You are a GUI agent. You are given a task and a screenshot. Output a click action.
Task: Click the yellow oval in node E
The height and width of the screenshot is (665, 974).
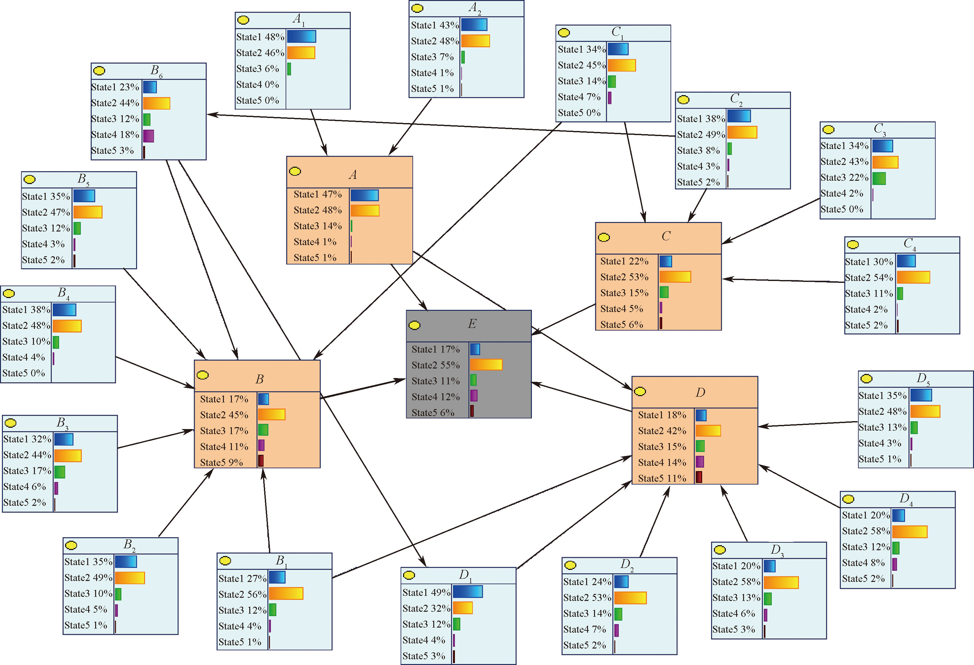pos(414,325)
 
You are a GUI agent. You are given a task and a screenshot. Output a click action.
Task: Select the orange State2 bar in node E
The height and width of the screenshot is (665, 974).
pos(486,365)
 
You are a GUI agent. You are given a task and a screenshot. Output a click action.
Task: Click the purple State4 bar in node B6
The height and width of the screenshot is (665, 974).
pos(148,136)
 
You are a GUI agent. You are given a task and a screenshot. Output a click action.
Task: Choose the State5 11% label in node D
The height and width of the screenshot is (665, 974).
pos(662,478)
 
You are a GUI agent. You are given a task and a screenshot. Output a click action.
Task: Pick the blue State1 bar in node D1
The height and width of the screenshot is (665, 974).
pos(468,592)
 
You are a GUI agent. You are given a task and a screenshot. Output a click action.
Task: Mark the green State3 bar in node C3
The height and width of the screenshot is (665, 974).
pos(879,178)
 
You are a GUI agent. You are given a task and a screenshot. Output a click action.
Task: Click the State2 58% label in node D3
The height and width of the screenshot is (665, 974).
pos(736,582)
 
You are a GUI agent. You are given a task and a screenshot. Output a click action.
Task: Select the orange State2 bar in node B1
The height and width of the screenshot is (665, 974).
pos(286,593)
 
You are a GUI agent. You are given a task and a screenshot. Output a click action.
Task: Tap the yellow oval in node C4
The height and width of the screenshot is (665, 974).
pos(853,244)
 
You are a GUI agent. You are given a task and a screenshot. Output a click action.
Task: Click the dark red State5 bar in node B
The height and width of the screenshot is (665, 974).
pos(261,461)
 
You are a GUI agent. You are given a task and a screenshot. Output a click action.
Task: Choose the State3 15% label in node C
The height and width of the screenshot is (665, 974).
pos(624,293)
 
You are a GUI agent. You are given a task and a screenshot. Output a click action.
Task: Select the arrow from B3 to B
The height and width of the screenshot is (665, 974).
pos(155,439)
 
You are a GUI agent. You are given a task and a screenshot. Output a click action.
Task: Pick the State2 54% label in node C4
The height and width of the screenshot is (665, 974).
pos(869,277)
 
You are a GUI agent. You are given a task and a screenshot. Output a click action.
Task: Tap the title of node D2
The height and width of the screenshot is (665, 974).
pos(627,565)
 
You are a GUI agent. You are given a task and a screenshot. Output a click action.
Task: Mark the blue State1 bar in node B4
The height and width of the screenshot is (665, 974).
pos(64,310)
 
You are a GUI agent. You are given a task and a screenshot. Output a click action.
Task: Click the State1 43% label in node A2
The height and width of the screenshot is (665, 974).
pos(435,25)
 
